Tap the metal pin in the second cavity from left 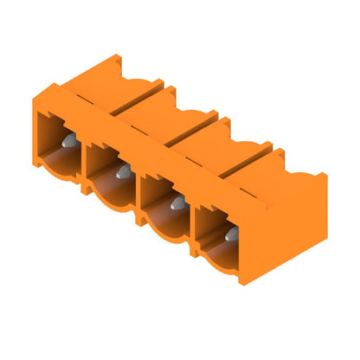tap(122, 170)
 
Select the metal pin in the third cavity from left tap(177, 202)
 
